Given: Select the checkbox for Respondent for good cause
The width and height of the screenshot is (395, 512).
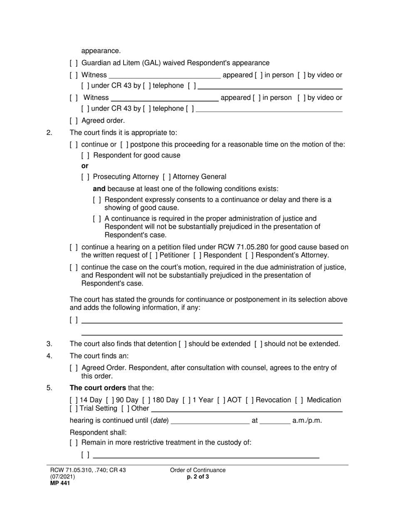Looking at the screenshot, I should point(85,156).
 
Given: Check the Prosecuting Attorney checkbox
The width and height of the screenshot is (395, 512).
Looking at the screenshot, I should point(85,176).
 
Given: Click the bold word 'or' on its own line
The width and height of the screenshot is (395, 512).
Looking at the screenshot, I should point(85,166).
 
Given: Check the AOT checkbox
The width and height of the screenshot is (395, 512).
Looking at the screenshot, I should point(221,400).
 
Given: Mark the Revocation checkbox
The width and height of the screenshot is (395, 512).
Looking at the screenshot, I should point(249,400).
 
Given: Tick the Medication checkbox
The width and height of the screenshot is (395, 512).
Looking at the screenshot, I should point(299,400).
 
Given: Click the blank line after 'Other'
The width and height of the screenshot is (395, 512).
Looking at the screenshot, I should point(247,409).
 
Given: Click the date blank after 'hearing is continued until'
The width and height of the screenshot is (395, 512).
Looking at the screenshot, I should point(210,421).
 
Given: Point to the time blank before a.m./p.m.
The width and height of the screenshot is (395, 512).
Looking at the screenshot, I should point(275,421).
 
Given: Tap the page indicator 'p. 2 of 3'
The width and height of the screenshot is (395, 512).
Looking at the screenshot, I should point(198,477).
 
